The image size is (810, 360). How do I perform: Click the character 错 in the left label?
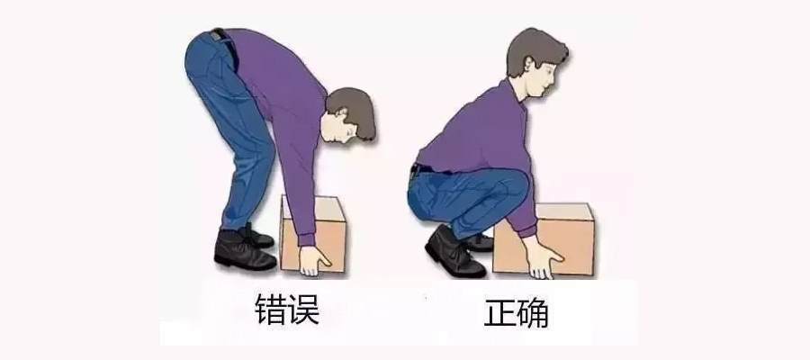[271, 309]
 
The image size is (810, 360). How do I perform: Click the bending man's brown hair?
[356, 110]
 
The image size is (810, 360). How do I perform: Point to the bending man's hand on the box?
[313, 261]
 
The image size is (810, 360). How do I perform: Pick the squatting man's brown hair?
[534, 50]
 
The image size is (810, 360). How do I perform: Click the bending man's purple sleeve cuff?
[307, 238]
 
